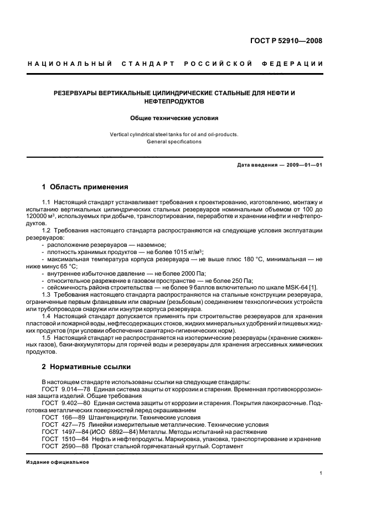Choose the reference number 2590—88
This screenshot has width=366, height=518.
click(81, 446)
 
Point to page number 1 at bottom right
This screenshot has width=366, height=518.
click(321, 473)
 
